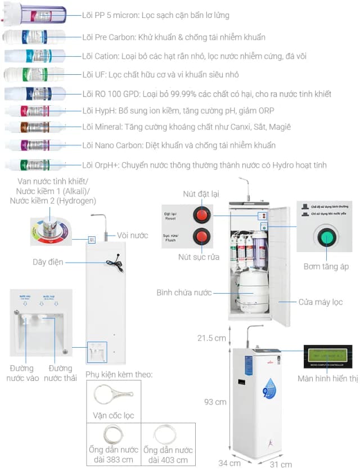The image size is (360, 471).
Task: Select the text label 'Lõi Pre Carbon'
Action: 110,37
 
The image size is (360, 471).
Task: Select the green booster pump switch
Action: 326,236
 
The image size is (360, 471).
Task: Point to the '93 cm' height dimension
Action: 215,402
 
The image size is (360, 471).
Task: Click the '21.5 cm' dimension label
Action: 211,338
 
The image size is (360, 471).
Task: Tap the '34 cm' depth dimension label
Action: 229,463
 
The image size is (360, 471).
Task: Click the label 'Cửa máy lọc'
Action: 321,302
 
